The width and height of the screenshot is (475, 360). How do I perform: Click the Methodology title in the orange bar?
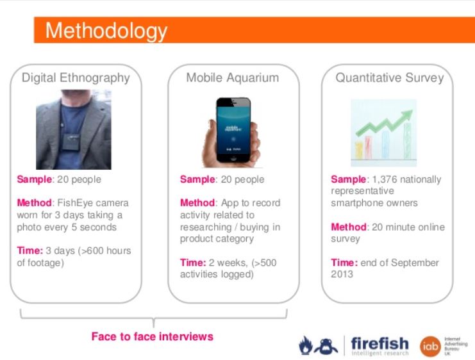coord(106,30)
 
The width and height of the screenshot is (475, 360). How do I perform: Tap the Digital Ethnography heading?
coord(76,78)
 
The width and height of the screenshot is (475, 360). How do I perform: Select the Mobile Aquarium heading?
coord(232,78)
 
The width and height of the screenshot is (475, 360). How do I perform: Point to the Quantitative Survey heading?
coord(389,78)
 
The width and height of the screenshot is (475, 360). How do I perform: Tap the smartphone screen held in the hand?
coord(234,127)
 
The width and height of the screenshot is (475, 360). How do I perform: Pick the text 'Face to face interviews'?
coord(151,336)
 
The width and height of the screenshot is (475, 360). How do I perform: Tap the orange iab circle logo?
coord(429,346)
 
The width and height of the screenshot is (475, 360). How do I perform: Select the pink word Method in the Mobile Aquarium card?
coord(197,203)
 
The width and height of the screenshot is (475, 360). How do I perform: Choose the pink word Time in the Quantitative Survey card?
coord(343,263)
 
